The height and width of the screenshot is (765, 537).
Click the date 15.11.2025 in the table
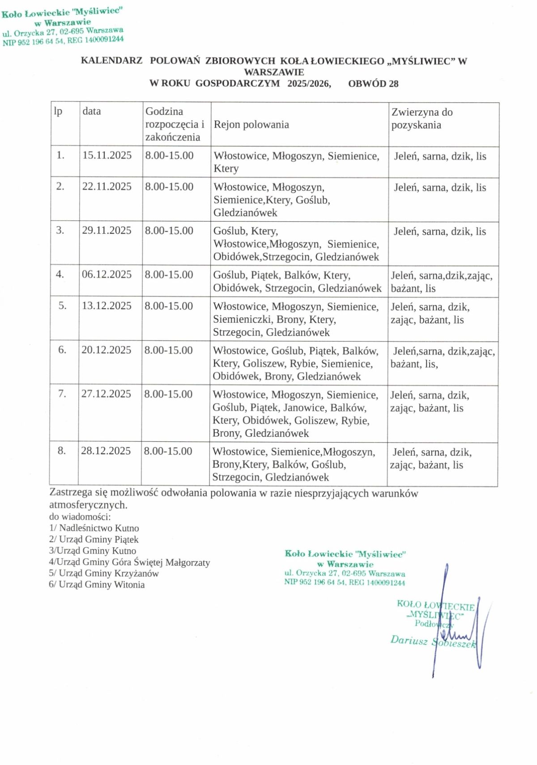point(107,156)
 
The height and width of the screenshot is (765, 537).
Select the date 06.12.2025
point(107,275)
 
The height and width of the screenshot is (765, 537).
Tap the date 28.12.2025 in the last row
point(106,451)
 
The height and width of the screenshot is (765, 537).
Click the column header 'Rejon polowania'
point(251,125)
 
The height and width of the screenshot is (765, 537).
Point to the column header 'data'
point(92,111)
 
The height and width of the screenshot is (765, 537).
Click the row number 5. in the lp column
point(63,306)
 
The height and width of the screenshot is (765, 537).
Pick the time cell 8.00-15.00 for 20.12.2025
point(168,350)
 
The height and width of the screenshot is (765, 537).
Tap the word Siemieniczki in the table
point(242,320)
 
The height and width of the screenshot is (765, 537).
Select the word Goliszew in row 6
point(264,363)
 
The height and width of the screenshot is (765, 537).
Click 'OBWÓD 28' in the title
point(373,84)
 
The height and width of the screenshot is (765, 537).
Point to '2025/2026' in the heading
point(309,84)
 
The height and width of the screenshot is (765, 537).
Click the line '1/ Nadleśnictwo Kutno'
point(94,528)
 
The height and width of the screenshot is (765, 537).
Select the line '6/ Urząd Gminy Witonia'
point(97,584)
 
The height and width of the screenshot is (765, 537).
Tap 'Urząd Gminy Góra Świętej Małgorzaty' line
point(130,562)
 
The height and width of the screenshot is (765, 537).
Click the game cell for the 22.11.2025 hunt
point(439,188)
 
